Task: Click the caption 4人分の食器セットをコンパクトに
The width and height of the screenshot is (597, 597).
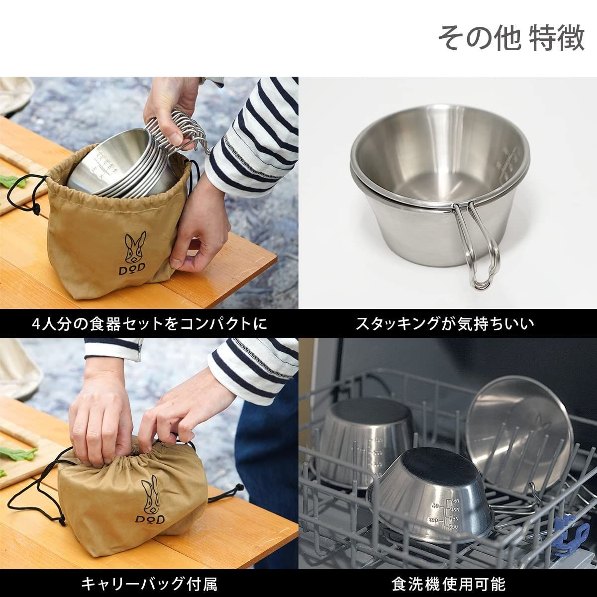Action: point(149,324)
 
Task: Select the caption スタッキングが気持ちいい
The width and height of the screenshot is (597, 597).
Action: point(445,324)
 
